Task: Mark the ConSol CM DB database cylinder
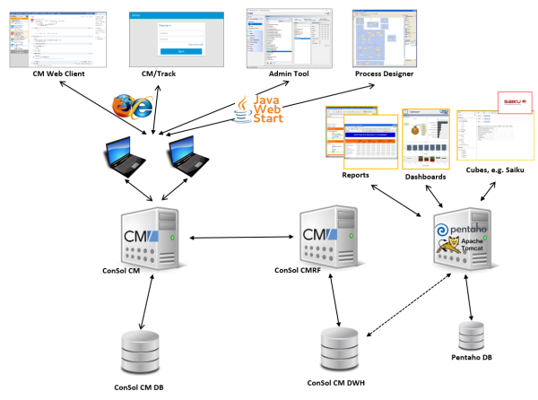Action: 138,352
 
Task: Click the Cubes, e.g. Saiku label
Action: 495,169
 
